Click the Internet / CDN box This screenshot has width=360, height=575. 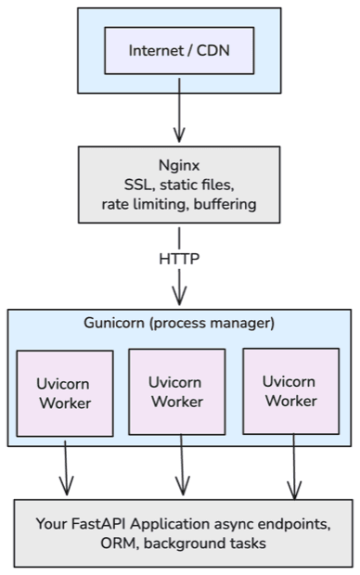(x=179, y=50)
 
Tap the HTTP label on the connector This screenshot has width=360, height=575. (x=179, y=257)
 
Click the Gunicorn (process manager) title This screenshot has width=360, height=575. (x=180, y=323)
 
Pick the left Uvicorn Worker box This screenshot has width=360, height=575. (x=65, y=393)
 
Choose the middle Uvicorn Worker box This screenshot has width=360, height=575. (x=177, y=391)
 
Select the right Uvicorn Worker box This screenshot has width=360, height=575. (x=290, y=390)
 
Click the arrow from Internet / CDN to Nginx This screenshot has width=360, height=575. (x=179, y=116)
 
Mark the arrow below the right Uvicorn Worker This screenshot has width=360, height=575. (x=295, y=467)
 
